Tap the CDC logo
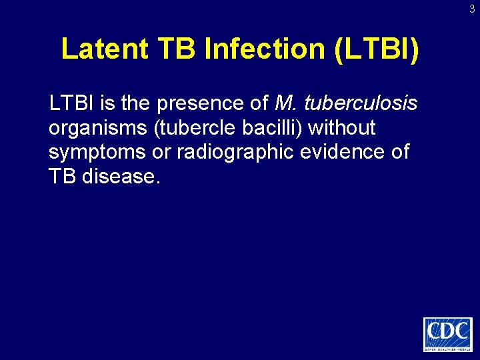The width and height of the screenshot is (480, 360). (x=447, y=334)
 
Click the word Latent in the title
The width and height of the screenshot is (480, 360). (x=104, y=49)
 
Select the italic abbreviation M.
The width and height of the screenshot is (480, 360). (x=285, y=103)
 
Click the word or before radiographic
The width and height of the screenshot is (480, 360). (x=162, y=153)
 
